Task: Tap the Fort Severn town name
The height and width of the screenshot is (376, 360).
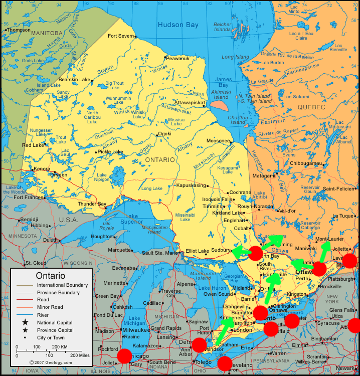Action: (121, 36)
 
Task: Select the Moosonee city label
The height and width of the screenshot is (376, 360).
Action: (218, 141)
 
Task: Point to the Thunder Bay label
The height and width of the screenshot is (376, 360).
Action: (92, 204)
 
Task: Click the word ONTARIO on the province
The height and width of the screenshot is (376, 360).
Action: (160, 159)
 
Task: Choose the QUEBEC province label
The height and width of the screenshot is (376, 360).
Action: (311, 107)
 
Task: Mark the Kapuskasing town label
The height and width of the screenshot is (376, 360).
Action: (191, 185)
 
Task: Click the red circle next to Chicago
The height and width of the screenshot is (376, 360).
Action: (124, 356)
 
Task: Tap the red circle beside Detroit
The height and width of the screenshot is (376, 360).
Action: (199, 345)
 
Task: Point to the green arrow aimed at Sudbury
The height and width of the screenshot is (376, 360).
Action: (241, 252)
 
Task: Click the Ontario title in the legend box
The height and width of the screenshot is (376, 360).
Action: (50, 276)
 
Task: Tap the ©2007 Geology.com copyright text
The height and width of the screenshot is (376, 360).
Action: (50, 362)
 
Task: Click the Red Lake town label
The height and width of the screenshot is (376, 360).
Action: (33, 145)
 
